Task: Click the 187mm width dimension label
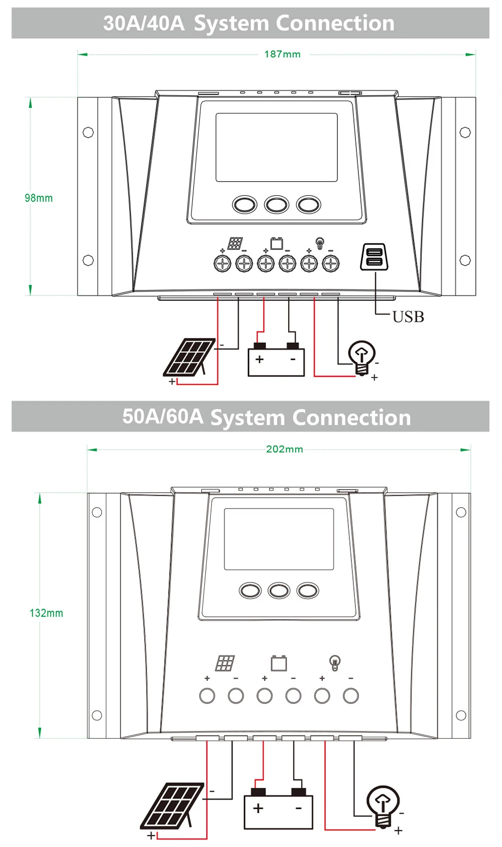pos(282,54)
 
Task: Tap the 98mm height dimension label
pos(39,198)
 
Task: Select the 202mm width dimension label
pos(284,449)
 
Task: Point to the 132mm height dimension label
pos(46,613)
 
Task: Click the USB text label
pos(408,317)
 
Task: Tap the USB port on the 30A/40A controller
pos(374,257)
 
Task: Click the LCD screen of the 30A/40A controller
pos(277,147)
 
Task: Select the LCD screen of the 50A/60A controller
pos(279,539)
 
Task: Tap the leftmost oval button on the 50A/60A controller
pos(250,591)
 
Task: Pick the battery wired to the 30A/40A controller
pos(276,360)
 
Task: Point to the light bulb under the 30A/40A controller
pos(362,357)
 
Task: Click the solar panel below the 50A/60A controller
pos(172,806)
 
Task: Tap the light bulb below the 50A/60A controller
pos(383,805)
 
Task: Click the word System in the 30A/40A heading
pos(231,23)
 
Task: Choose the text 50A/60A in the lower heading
pos(163,417)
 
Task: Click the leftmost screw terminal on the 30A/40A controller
pos(222,263)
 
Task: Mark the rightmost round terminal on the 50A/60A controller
pos(351,696)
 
